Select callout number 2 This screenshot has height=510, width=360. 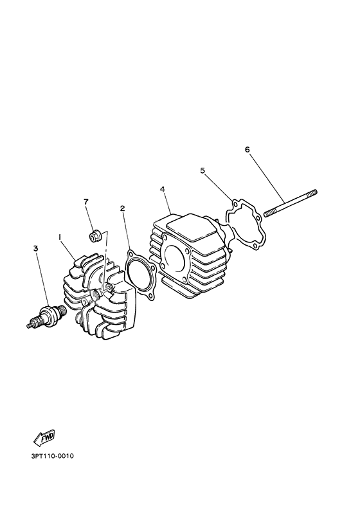[x=122, y=208]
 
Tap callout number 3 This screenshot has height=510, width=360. [x=36, y=247]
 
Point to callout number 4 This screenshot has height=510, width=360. [x=163, y=190]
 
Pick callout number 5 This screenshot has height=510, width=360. [x=203, y=170]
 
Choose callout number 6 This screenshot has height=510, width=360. [x=247, y=150]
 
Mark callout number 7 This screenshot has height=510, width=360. [x=85, y=202]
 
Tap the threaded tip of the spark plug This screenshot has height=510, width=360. [x=30, y=324]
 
